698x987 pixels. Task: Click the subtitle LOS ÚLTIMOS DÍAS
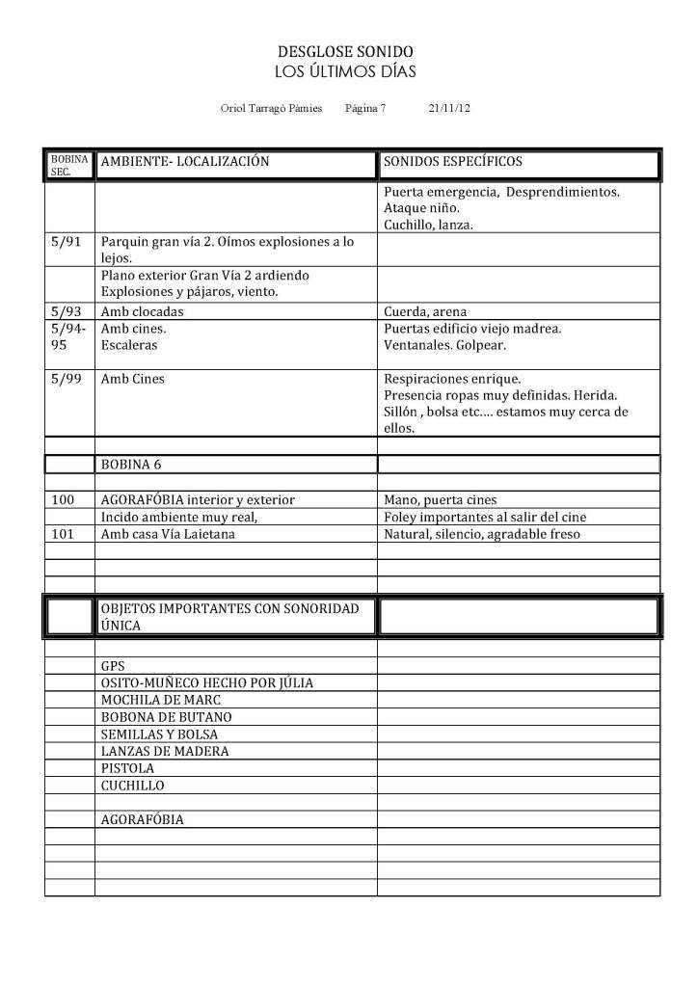point(346,71)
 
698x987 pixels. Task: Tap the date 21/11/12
point(448,109)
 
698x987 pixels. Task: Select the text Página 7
point(364,109)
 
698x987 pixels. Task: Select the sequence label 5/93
point(66,311)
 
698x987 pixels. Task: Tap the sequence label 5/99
point(66,379)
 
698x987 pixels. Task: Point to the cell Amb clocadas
point(142,311)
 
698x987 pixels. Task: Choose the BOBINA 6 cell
point(131,464)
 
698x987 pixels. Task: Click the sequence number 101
point(61,534)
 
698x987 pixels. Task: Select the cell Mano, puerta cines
point(441,499)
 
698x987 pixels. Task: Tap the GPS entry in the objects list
point(113,665)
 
